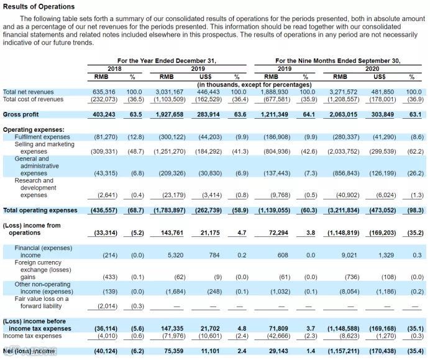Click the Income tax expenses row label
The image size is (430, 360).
pos(32,336)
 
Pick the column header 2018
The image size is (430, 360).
pos(114,69)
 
